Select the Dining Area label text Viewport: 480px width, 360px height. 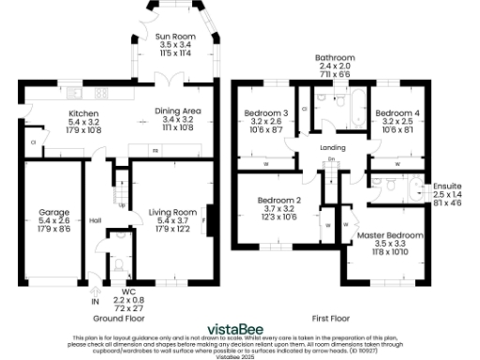click(x=176, y=112)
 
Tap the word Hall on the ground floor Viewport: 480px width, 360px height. click(x=95, y=220)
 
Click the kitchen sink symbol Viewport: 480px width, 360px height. click(x=76, y=93)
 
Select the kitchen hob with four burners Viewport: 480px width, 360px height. click(x=100, y=93)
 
